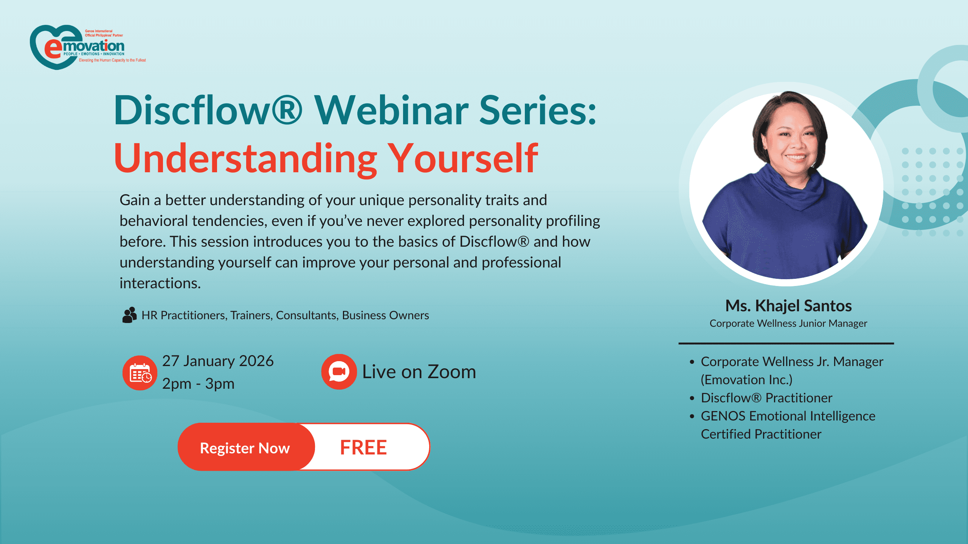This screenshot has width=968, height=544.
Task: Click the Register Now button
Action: pyautogui.click(x=245, y=448)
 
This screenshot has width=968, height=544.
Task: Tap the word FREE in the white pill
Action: pyautogui.click(x=363, y=448)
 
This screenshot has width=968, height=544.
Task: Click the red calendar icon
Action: pyautogui.click(x=140, y=373)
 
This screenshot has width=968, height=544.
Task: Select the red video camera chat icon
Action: pyautogui.click(x=339, y=372)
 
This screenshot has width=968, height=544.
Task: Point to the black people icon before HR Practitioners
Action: pyautogui.click(x=129, y=315)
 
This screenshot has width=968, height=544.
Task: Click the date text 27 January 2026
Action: pyautogui.click(x=218, y=361)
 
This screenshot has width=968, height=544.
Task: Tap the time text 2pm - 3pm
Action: pyautogui.click(x=198, y=384)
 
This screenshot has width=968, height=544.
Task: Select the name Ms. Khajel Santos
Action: pyautogui.click(x=788, y=306)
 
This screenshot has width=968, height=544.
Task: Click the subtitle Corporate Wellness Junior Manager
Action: pyautogui.click(x=788, y=323)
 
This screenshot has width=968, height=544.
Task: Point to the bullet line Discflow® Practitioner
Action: pyautogui.click(x=766, y=398)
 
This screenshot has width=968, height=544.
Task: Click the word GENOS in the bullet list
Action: pyautogui.click(x=723, y=416)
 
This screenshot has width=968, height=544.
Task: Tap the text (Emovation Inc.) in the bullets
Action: pyautogui.click(x=746, y=380)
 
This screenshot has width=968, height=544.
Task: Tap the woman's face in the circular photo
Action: pyautogui.click(x=794, y=140)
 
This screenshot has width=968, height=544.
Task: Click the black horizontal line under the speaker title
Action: pyautogui.click(x=786, y=343)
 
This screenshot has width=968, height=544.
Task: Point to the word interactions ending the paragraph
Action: pyautogui.click(x=160, y=283)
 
